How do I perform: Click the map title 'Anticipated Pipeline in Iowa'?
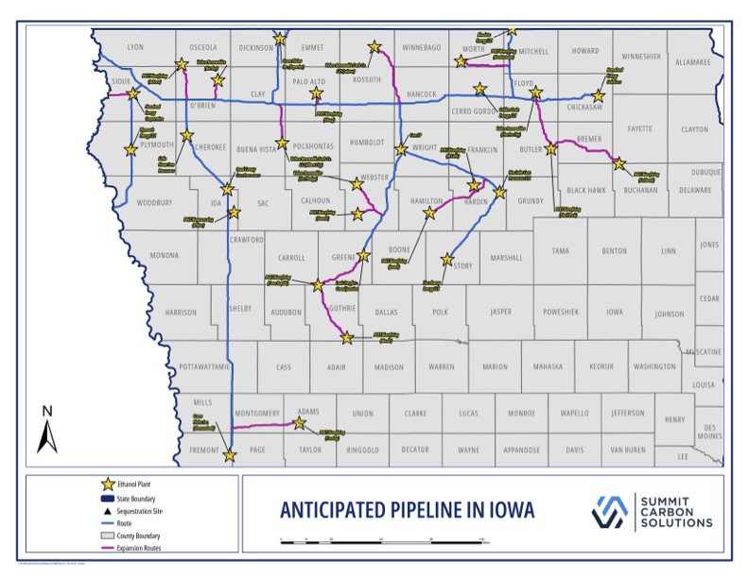click(407, 511)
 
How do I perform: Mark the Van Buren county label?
click(628, 450)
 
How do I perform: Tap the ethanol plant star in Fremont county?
click(229, 455)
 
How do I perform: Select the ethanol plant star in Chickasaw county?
click(599, 96)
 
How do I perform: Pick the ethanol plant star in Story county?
click(446, 259)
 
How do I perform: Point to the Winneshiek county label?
click(642, 56)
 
